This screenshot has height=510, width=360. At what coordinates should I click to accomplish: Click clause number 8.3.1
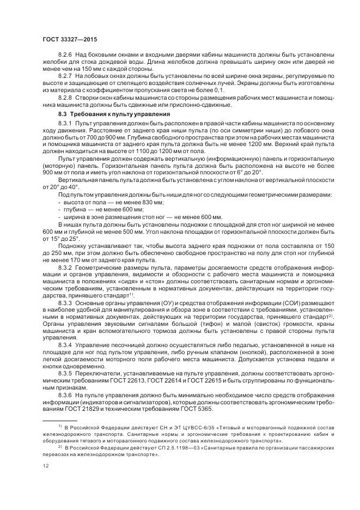pyautogui.click(x=65, y=124)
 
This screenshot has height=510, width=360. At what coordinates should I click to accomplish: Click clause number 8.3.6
pyautogui.click(x=65, y=395)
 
